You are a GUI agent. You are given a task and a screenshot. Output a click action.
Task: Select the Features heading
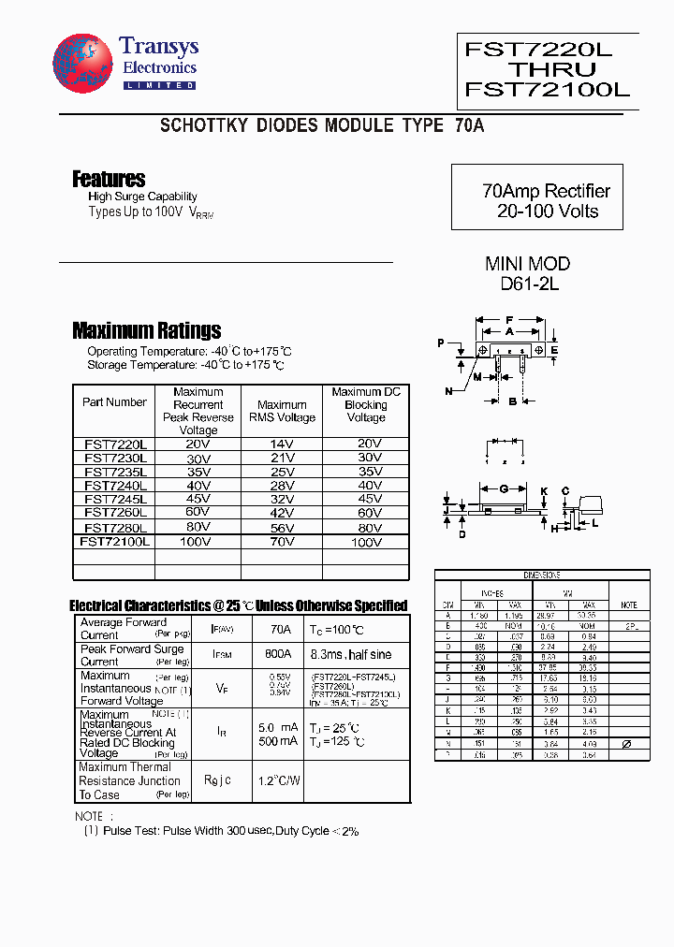click(x=109, y=179)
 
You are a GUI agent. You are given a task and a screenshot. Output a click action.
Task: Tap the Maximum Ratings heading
click(x=146, y=330)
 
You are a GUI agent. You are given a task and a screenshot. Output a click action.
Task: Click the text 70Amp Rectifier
click(x=546, y=191)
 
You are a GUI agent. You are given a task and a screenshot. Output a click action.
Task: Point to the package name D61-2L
click(x=529, y=284)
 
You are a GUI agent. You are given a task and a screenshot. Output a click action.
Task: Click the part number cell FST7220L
click(x=113, y=444)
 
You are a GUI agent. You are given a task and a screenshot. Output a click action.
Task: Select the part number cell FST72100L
click(x=114, y=542)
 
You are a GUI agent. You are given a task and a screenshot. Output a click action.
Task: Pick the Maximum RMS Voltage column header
click(x=282, y=411)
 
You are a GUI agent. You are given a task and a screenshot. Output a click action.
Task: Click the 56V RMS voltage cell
click(x=282, y=528)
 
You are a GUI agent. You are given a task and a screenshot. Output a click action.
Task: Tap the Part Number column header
click(x=114, y=402)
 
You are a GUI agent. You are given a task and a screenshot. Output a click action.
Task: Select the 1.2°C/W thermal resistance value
click(x=278, y=780)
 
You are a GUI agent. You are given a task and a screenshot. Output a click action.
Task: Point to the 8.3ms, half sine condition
click(x=351, y=655)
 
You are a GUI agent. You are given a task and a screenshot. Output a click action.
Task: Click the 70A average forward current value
click(x=280, y=630)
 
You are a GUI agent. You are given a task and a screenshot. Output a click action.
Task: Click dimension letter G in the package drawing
click(x=504, y=489)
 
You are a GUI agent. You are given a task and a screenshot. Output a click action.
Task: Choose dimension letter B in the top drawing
click(x=512, y=401)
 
